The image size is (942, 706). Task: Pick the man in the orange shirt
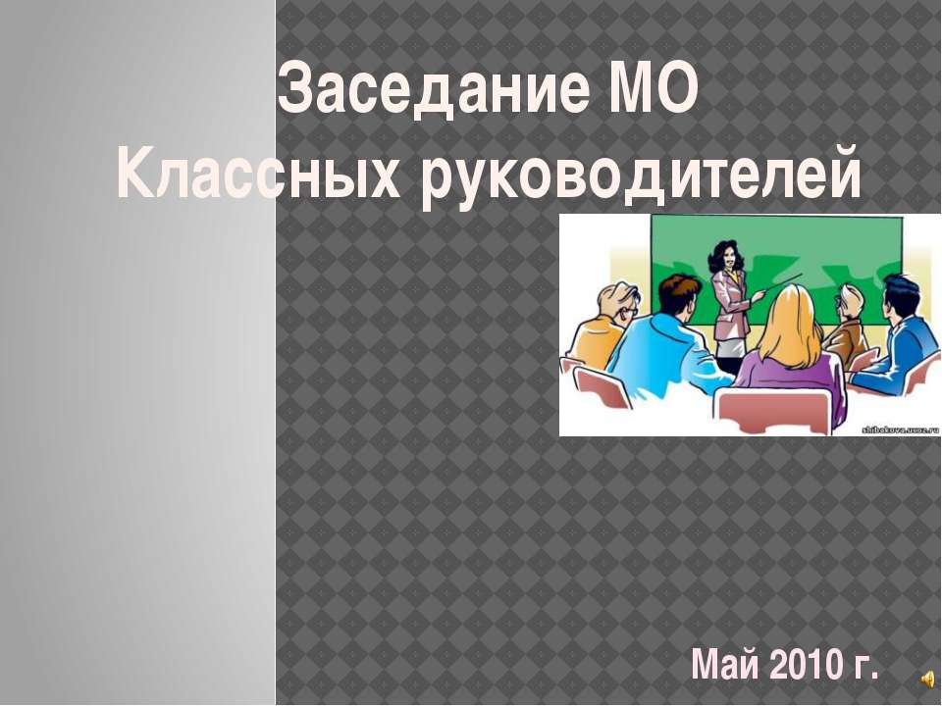pos(599,333)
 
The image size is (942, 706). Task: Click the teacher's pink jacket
pos(730,293)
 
